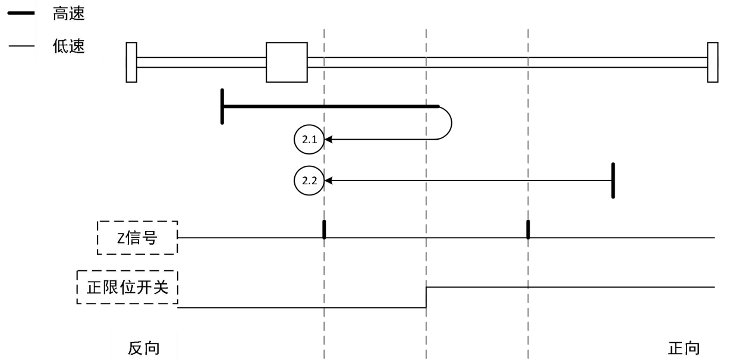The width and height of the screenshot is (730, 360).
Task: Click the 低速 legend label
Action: tap(68, 46)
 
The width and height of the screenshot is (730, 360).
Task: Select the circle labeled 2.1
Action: tap(307, 140)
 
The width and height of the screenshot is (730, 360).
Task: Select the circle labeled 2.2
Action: tap(307, 180)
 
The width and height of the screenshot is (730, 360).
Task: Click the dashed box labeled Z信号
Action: tap(137, 238)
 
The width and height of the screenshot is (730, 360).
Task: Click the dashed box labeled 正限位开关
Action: tap(128, 288)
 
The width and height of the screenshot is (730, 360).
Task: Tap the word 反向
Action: tap(144, 347)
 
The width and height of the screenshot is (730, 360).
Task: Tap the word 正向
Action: tap(684, 347)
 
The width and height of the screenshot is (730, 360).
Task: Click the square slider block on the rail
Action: tap(287, 62)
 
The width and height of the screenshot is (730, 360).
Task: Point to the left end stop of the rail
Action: tap(132, 62)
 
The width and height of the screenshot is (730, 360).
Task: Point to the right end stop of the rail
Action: tap(712, 62)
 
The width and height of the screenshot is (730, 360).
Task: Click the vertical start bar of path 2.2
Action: tap(613, 180)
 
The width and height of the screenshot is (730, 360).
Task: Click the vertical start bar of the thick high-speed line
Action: tap(222, 107)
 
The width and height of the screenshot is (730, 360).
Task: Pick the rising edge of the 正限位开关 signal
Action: tap(426, 297)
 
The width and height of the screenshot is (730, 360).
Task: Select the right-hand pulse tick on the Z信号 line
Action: tap(528, 229)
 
